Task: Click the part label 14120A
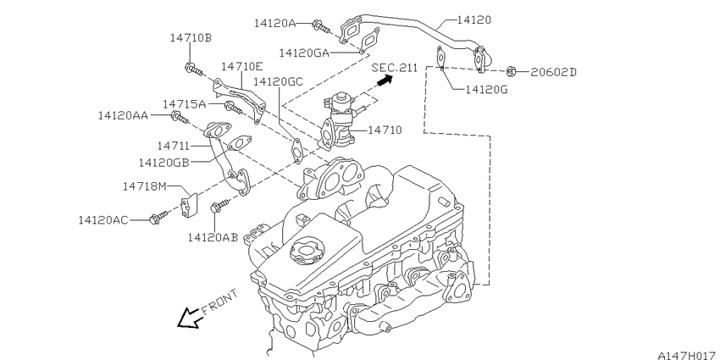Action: (275, 23)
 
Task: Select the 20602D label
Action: (553, 72)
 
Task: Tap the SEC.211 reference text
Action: (395, 68)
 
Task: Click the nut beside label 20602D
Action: (512, 71)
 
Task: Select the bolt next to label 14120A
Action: (321, 26)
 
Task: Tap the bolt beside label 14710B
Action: (194, 69)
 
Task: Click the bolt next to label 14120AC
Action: (158, 217)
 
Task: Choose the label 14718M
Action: (144, 186)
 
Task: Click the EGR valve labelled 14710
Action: (338, 120)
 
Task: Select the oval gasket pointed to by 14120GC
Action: (297, 150)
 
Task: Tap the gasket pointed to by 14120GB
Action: (240, 143)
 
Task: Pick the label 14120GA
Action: (304, 53)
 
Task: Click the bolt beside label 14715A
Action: (233, 108)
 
